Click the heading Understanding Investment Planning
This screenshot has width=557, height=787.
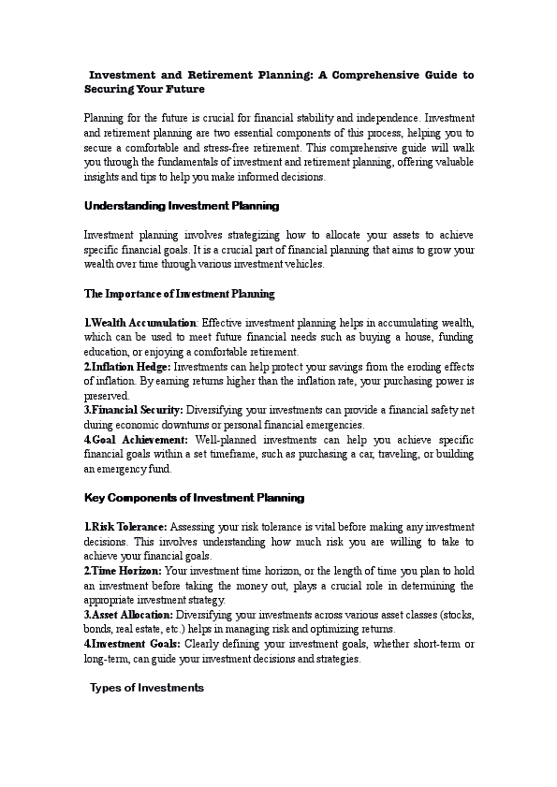(182, 205)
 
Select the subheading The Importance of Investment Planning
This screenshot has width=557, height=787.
(179, 294)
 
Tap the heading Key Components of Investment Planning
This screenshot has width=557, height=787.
(194, 497)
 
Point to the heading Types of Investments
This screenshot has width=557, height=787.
(146, 688)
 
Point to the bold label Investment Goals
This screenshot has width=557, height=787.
(135, 644)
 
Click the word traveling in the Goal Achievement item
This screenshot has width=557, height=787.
(380, 455)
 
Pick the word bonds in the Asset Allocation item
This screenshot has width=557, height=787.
(97, 629)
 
